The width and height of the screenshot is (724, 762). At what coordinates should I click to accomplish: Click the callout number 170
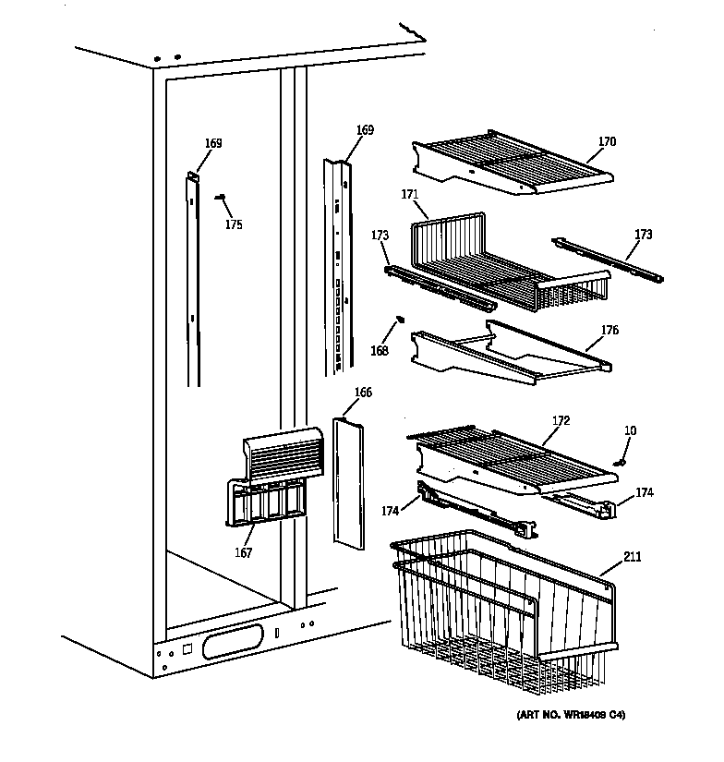coord(606,142)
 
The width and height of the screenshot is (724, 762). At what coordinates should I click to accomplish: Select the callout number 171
coord(410,195)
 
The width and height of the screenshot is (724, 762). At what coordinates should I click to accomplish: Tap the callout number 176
coord(609,331)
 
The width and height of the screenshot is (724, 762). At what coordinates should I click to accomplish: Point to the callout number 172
coord(561,421)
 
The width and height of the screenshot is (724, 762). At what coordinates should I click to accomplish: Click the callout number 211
coord(632,557)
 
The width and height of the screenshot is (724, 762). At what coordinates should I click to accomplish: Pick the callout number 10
coord(629,430)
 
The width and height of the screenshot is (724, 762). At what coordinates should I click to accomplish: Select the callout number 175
coord(235,224)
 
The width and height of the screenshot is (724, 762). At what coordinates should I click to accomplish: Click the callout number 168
coord(380,351)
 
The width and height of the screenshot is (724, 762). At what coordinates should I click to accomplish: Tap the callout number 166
coord(363,393)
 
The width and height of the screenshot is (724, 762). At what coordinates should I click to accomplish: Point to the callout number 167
coord(242,553)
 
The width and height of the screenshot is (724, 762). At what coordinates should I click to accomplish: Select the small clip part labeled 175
coord(221,196)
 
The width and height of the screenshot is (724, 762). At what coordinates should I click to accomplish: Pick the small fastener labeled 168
coord(399,320)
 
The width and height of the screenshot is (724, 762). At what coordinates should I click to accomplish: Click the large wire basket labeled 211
coord(499,610)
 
